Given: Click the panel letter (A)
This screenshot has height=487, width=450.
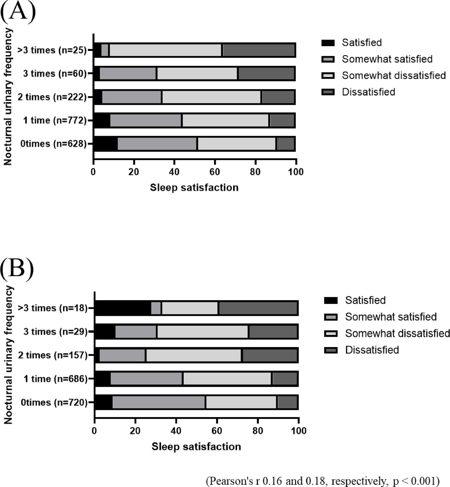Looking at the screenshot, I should tap(18, 12).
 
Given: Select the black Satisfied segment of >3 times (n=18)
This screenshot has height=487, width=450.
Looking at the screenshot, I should tap(123, 308).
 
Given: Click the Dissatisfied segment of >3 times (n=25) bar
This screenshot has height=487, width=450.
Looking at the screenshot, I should tap(259, 50).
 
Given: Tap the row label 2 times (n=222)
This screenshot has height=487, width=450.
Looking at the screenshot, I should tap(52, 97).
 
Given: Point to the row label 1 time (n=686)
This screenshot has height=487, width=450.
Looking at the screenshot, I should tap(56, 379).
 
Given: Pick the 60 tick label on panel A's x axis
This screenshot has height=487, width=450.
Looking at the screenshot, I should tap(215, 172).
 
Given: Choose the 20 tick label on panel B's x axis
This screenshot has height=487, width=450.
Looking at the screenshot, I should tap(135, 431).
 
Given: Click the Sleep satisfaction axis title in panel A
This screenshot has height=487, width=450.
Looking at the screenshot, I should tap(194, 188).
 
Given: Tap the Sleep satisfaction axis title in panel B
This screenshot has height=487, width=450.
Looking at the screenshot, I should tap(196, 447).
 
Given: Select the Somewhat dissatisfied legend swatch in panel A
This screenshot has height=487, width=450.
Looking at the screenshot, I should tap(328, 76).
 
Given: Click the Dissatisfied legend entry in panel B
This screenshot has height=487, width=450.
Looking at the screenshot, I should tap(372, 350).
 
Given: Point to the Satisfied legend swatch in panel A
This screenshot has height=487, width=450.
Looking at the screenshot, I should tap(328, 43).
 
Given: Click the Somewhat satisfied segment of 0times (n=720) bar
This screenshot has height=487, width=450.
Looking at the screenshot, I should tap(159, 402).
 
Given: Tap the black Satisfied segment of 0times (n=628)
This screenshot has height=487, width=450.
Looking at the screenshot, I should tap(105, 144).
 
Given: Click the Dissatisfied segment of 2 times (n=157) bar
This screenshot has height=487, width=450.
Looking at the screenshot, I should tap(270, 355).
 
